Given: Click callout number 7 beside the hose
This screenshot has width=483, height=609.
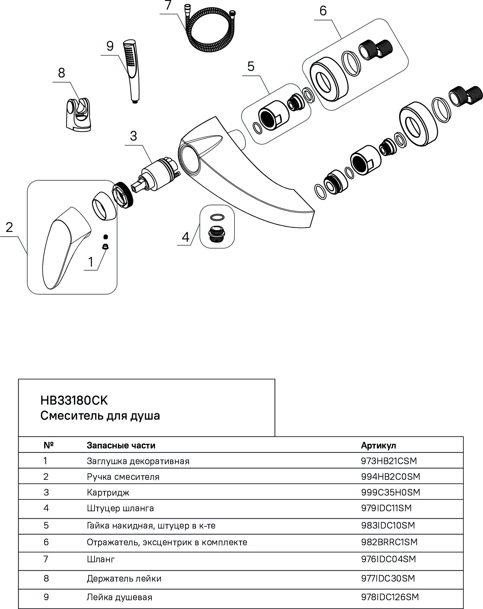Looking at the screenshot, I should click(x=168, y=6).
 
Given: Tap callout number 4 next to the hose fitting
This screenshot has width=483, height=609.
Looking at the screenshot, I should click(x=185, y=237).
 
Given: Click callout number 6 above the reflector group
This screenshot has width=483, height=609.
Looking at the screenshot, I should click(x=323, y=11).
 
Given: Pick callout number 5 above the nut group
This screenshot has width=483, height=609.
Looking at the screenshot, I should click(x=250, y=66).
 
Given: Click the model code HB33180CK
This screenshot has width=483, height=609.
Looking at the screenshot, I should click(x=74, y=400).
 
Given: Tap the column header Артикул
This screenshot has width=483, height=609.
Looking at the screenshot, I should click(x=378, y=445).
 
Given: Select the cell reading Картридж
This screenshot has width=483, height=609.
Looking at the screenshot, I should click(x=108, y=492).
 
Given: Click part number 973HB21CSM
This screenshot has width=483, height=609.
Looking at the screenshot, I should click(x=389, y=461).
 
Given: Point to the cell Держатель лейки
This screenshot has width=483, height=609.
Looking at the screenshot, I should click(x=124, y=579).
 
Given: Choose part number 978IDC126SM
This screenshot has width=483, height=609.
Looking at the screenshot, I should click(x=390, y=597).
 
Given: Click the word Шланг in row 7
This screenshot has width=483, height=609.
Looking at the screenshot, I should click(x=101, y=559).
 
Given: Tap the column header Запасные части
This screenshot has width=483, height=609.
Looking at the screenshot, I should click(x=121, y=445).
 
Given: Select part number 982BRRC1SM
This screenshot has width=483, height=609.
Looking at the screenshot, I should click(x=389, y=542).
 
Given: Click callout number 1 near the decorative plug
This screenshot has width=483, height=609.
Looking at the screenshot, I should click(x=91, y=262).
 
